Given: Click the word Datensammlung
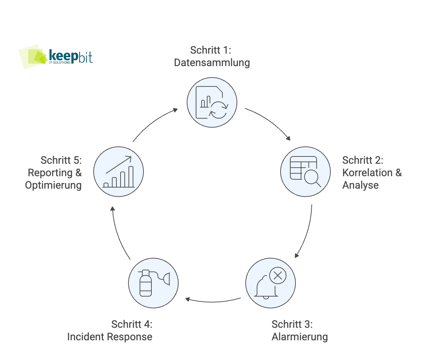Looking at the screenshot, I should [212, 63].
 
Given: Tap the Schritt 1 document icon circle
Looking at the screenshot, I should [212, 102].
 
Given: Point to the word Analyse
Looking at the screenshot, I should [360, 185].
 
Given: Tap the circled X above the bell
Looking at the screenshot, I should [277, 276].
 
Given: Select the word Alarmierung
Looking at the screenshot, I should [300, 336].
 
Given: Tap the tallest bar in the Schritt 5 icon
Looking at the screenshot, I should [131, 177].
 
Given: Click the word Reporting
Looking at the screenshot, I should [51, 172].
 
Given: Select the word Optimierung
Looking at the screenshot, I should [53, 185].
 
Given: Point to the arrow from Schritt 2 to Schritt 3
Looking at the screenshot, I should [306, 232].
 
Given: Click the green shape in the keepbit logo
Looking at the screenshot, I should [32, 57].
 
